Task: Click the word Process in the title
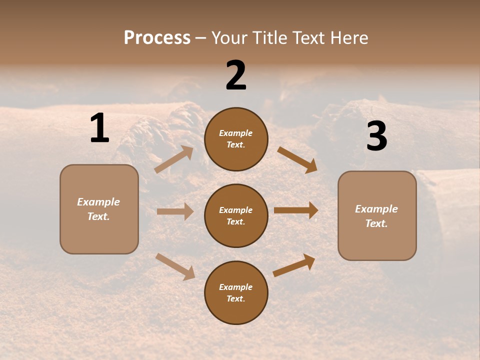pos(157,38)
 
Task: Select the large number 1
pos(99,128)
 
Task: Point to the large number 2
pos(236,75)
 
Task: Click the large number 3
pos(376,136)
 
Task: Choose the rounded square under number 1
pos(99,209)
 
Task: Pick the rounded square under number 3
pos(377,215)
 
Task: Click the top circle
pos(236,139)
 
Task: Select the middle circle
pos(236,215)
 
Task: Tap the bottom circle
pos(236,292)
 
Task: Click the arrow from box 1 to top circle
pos(174,159)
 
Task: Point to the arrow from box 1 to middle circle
pos(175,211)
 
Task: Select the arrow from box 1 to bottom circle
pos(175,266)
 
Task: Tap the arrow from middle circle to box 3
pos(296,210)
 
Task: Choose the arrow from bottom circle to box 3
pos(294,265)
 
